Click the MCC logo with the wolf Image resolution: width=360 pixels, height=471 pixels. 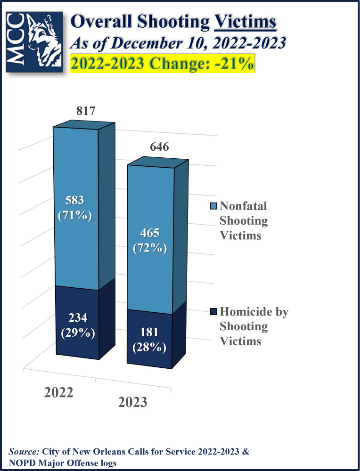coord(34,41)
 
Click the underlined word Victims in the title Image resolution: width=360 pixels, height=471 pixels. coord(245,22)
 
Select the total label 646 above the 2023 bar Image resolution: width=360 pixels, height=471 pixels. coord(159,147)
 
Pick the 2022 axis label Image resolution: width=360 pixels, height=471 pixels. coord(59,392)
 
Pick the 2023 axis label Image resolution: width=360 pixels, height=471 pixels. coord(132,403)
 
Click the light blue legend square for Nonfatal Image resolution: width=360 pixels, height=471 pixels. coord(213,206)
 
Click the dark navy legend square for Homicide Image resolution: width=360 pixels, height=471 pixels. coord(213,312)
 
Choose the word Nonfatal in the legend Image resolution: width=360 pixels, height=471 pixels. coord(243,206)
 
